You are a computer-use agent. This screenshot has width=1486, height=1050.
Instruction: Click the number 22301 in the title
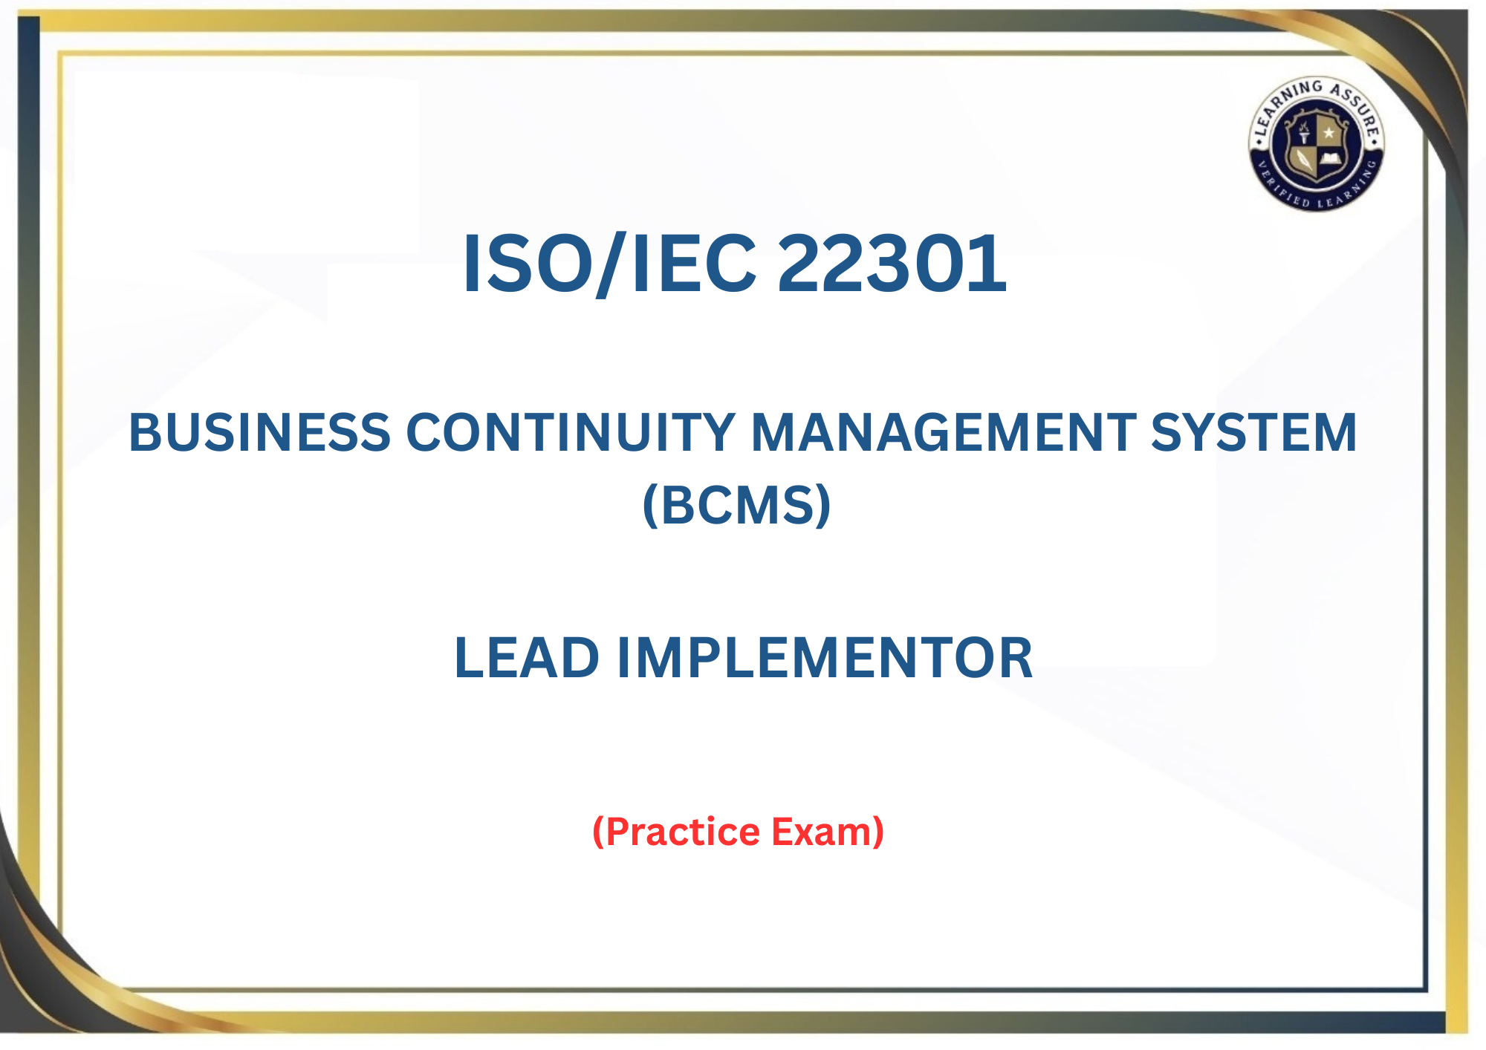tap(892, 263)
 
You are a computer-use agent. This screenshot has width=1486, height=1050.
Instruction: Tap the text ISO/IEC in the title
tap(609, 263)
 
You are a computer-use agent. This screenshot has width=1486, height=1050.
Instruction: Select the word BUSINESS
tap(260, 432)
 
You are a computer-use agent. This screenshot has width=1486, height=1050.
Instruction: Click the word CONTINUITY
tap(571, 432)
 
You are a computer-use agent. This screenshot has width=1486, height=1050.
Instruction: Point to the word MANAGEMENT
tap(943, 432)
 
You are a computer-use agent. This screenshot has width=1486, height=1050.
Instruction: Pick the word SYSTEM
tap(1254, 432)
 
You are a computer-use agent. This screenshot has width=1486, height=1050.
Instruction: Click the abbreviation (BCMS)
tap(736, 505)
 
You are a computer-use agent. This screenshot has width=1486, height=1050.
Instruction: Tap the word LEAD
tap(527, 658)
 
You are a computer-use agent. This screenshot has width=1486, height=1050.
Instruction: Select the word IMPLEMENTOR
tap(825, 658)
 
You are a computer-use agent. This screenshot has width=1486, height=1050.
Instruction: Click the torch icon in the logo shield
tap(1304, 133)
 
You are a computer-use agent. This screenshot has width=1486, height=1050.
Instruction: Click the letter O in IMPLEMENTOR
tap(976, 658)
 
